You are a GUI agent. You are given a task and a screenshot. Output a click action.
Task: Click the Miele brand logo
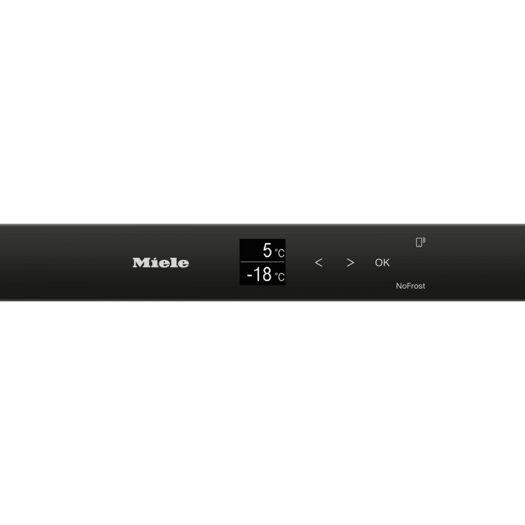click(161, 263)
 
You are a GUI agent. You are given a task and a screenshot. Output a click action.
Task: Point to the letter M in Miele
click(141, 263)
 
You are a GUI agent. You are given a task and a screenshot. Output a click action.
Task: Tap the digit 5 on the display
click(267, 250)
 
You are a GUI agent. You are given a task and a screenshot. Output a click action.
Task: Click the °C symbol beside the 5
click(280, 253)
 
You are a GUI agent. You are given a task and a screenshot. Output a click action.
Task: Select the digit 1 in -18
click(257, 274)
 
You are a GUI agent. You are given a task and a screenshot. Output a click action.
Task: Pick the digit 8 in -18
click(267, 274)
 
